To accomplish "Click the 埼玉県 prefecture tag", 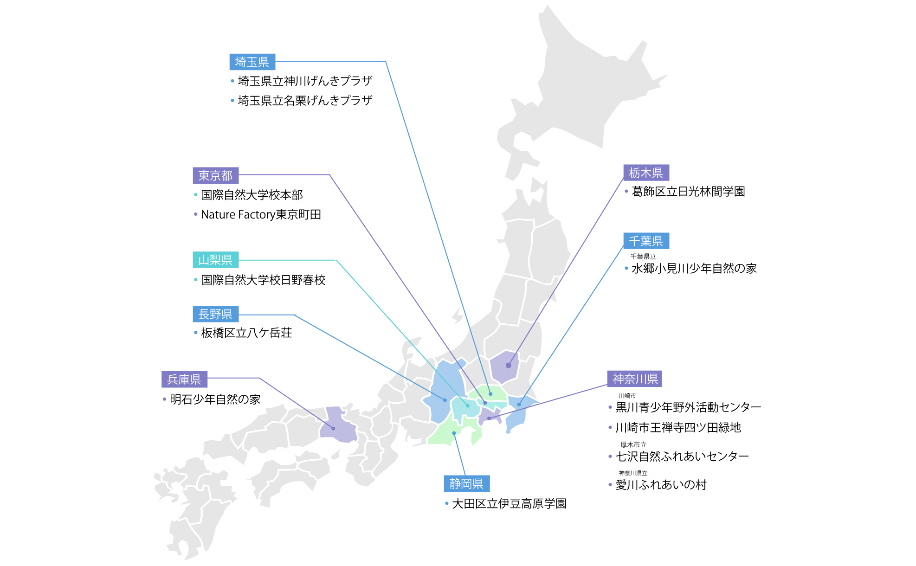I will point(252,62).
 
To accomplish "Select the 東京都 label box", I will point(215,175).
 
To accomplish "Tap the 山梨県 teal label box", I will point(215,260).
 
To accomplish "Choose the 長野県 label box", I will point(215,314).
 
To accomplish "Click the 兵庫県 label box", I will point(184,379).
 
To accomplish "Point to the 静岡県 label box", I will point(466,484).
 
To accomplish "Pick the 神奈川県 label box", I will point(634,379).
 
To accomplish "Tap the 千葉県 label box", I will point(646,241).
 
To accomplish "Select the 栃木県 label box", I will point(646,173).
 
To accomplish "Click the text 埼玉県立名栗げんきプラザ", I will point(305,101).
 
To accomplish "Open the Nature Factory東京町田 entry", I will point(261,215).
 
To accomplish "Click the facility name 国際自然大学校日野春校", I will point(263,280).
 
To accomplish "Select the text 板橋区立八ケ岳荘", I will point(246,333).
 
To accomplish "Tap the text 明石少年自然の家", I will point(215,399).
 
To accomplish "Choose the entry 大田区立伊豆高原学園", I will point(509,504).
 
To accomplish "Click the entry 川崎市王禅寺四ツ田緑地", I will point(678,428).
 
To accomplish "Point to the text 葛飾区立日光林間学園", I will point(688,192).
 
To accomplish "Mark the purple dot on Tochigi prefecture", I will point(509,366).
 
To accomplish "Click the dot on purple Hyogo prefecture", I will point(333,428).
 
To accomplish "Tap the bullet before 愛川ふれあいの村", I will point(610,485).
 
